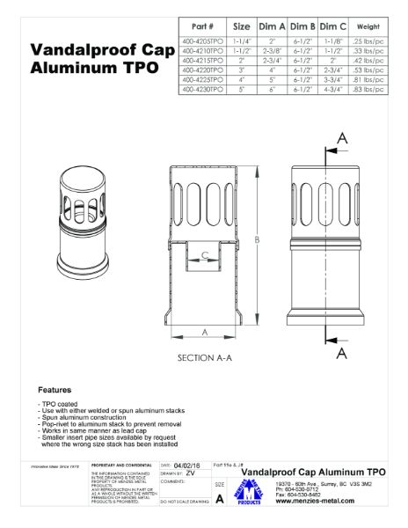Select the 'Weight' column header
(368, 26)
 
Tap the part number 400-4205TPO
(202, 41)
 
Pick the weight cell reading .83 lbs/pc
(368, 89)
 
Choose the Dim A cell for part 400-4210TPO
(273, 51)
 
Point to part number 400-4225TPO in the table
(202, 79)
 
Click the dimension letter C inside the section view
(205, 256)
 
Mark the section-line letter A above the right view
(343, 138)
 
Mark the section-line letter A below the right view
(343, 352)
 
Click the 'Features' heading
(55, 389)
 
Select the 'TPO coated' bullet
(60, 404)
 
